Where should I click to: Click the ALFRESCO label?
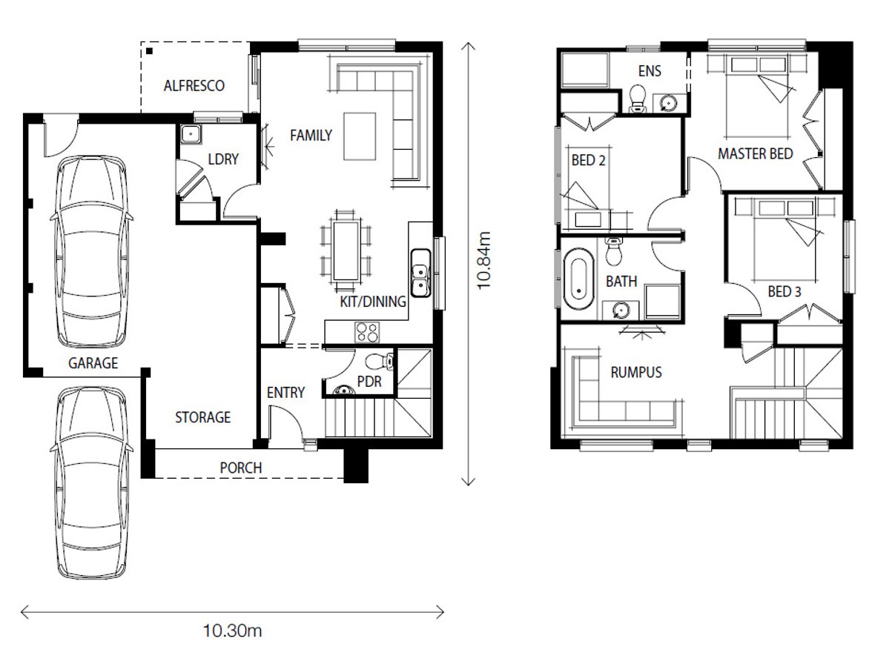194,86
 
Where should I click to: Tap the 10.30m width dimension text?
233,631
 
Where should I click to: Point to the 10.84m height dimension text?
483,260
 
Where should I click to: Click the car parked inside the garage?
92,252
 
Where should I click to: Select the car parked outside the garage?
92,482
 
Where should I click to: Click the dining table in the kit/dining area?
346,251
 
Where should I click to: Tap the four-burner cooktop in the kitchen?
367,332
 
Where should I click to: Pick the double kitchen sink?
420,273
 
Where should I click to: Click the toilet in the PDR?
380,362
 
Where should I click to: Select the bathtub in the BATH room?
578,279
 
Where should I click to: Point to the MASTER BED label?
755,153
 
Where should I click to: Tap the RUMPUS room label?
636,372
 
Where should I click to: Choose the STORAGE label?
202,417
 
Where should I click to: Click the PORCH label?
241,468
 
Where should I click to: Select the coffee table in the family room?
360,136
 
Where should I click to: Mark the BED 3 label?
785,291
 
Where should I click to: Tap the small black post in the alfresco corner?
150,52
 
